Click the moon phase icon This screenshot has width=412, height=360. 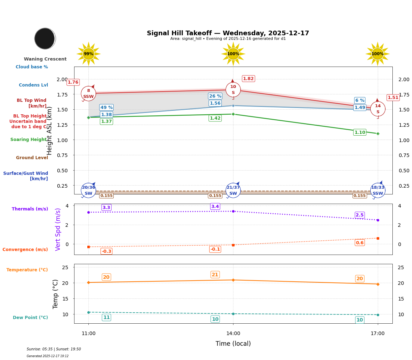coord(45,38)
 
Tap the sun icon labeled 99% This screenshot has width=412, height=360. coord(88,54)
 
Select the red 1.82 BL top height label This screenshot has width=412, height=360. coord(248,79)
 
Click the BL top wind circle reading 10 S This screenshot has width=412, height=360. coord(233,90)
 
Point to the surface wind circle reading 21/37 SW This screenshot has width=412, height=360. coord(233,191)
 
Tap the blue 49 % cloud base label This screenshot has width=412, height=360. coord(106,108)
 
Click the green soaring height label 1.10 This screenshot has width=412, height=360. coord(360,132)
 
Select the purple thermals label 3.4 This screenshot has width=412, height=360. coord(215,207)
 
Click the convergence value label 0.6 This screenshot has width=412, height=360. coord(360,243)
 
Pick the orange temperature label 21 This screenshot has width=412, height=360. coord(215,275)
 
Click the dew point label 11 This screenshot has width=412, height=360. coord(106,317)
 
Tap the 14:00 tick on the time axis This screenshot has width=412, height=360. coord(233,334)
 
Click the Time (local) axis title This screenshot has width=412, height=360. coord(233,344)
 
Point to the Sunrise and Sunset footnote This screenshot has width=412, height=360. coord(54,349)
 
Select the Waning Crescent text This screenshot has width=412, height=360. coord(45,59)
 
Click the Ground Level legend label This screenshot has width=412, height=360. coord(32,158)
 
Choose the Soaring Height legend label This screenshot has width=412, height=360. coord(29,140)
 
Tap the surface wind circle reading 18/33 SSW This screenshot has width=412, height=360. coord(378,191)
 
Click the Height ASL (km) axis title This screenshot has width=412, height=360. coord(50,131)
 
